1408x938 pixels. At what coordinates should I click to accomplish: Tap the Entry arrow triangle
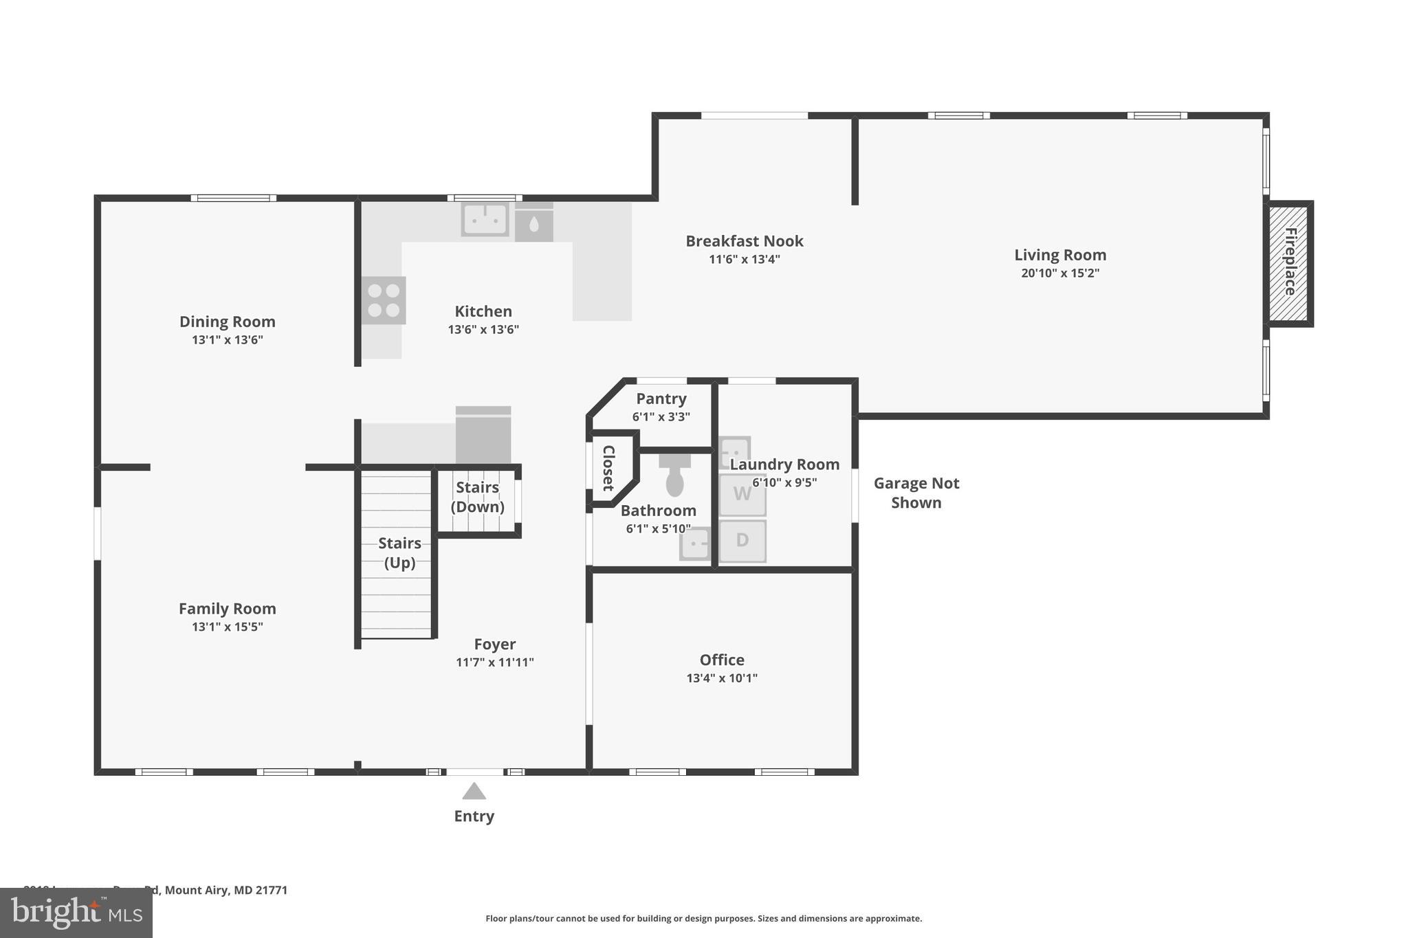pos(474,792)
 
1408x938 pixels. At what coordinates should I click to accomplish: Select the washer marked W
pos(742,494)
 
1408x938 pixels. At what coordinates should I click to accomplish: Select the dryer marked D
pos(742,540)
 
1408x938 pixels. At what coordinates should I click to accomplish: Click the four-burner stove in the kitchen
pos(384,300)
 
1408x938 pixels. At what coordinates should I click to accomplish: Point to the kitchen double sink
pos(485,220)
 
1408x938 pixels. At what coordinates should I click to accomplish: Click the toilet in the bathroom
pos(674,476)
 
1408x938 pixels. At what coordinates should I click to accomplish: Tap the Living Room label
pos(1060,255)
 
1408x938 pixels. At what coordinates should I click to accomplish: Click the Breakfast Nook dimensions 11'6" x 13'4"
pos(744,260)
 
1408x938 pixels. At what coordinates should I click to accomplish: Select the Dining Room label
pos(227,322)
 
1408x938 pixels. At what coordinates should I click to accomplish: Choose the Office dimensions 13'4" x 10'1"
pos(721,678)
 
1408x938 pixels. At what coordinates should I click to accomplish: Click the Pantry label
pos(661,399)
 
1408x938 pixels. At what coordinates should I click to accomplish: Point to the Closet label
pos(608,468)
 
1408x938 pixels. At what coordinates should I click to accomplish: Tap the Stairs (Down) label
pos(477,497)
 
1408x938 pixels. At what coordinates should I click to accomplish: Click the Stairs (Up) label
pos(399,552)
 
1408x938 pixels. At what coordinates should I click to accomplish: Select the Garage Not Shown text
pos(916,493)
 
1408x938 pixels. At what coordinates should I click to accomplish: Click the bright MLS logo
pos(76,913)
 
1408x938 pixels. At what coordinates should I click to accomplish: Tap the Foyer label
pos(494,644)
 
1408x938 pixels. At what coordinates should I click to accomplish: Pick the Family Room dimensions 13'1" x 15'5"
pos(227,627)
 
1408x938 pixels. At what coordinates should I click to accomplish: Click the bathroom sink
pos(695,545)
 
